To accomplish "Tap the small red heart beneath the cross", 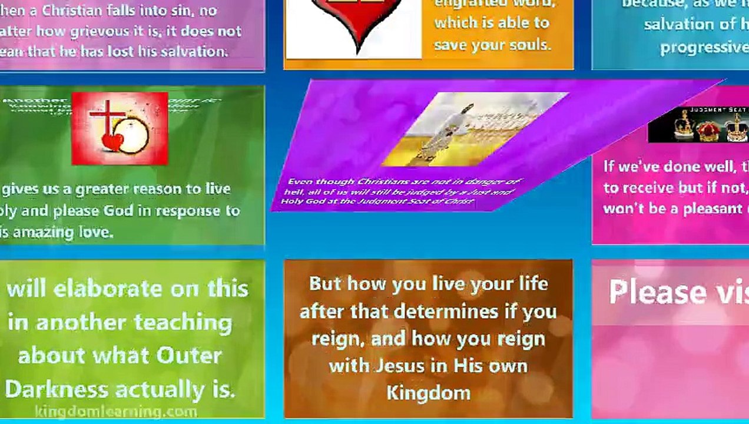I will tap(112, 142).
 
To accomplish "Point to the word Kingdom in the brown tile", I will tap(428, 393).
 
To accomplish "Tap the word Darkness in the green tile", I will tap(57, 389).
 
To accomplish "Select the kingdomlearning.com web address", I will tap(115, 411).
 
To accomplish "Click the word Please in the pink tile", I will tap(657, 292).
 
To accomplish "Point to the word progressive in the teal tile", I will tap(704, 47).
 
